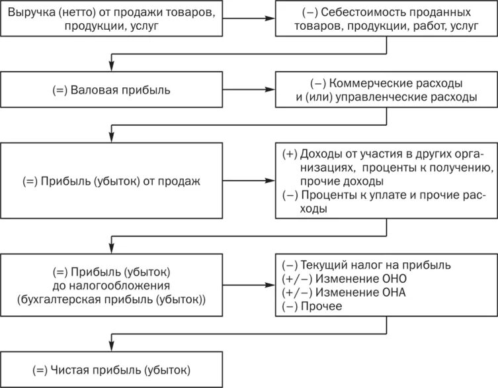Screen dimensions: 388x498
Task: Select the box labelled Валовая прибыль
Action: pos(110,91)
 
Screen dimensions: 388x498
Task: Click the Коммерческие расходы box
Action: pos(386,91)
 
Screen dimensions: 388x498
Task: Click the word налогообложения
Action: pos(111,285)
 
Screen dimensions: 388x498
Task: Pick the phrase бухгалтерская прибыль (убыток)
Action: pos(111,299)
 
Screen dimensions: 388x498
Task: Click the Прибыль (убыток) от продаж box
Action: pos(110,180)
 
